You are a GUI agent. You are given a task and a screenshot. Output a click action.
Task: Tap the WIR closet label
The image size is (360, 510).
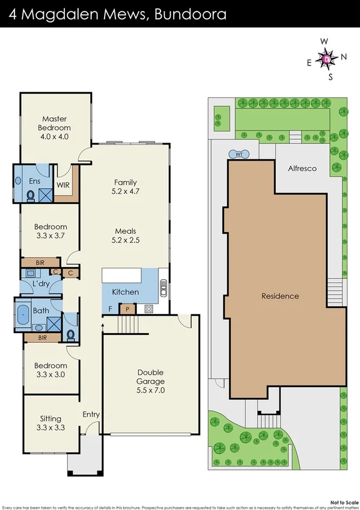coord(63,185)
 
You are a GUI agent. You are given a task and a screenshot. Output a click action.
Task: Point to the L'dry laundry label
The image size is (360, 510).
coord(41,283)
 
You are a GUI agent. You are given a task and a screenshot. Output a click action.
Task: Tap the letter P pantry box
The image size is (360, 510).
coord(127,309)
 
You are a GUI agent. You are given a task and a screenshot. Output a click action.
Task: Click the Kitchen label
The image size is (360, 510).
coord(126,292)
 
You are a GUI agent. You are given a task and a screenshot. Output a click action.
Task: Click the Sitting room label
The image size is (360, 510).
coord(51,419)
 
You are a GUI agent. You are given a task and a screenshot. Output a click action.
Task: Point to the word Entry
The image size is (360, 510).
coord(91,414)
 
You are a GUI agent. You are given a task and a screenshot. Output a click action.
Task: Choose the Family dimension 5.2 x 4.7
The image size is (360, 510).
coord(126,191)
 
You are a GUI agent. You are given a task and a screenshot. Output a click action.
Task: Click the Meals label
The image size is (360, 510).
coord(126,231)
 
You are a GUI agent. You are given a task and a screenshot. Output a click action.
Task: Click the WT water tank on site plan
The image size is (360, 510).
coord(239,154)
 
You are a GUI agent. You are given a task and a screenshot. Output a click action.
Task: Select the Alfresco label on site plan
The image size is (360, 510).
coord(301,169)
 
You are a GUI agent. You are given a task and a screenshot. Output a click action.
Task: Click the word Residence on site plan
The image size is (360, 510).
coord(279,296)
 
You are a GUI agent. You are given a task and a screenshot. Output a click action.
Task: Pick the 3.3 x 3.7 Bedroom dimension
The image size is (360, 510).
coord(51,235)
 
